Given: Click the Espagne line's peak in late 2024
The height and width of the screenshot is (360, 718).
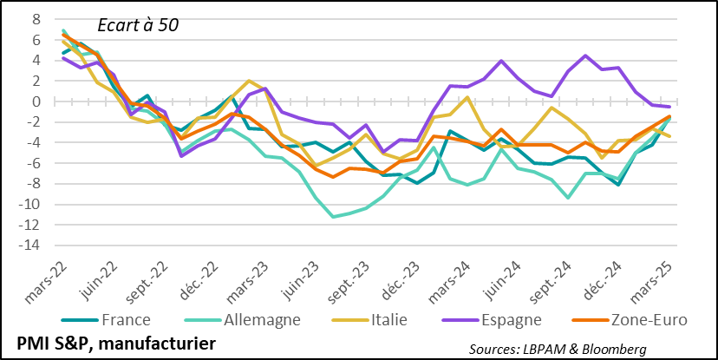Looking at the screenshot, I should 585,56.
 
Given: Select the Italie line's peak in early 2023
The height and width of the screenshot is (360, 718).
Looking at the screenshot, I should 249,81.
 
